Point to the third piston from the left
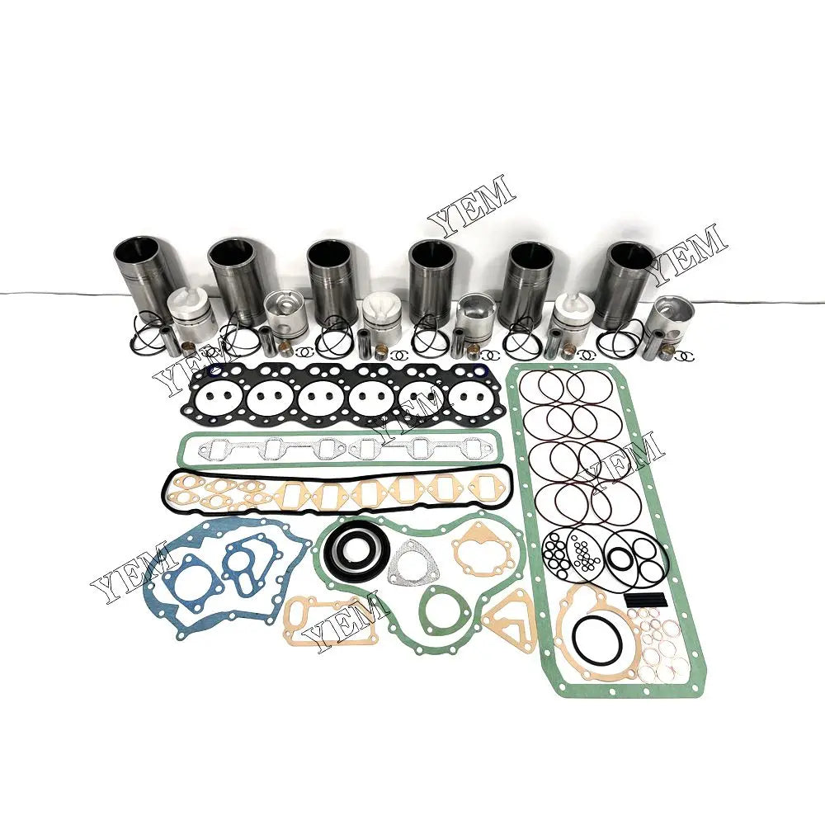click(x=381, y=317)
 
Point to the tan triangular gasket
click(x=510, y=621)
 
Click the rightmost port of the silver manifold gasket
click(x=474, y=449)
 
